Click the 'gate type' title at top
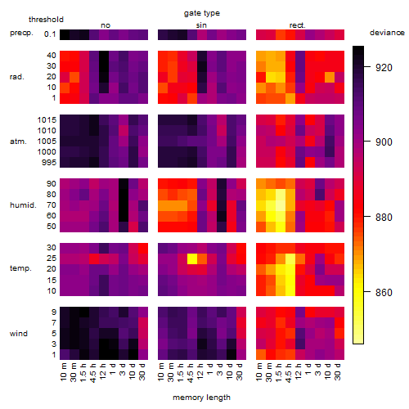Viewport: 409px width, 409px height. tap(202, 13)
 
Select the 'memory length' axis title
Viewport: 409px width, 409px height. tap(201, 398)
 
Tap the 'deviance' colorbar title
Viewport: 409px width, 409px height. tap(387, 33)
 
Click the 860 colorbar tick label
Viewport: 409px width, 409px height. tap(384, 293)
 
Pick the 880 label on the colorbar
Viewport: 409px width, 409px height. tap(384, 218)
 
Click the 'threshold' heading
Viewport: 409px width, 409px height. tap(46, 20)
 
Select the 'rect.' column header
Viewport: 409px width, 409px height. tap(298, 25)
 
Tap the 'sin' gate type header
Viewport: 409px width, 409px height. tap(201, 25)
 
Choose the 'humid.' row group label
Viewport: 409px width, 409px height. tap(23, 205)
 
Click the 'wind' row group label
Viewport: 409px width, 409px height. tap(19, 334)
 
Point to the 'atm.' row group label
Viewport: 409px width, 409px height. tap(18, 142)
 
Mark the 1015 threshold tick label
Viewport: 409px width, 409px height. tap(47, 120)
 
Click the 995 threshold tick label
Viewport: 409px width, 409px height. tap(49, 163)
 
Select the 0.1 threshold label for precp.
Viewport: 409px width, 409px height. tap(50, 34)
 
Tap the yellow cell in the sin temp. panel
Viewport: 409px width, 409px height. tap(192, 258)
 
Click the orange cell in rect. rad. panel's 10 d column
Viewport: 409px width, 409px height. tap(330, 77)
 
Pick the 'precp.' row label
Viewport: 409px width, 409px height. tap(21, 33)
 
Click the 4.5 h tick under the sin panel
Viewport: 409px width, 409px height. tap(191, 372)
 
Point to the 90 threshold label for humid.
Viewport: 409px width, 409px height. tap(52, 184)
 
